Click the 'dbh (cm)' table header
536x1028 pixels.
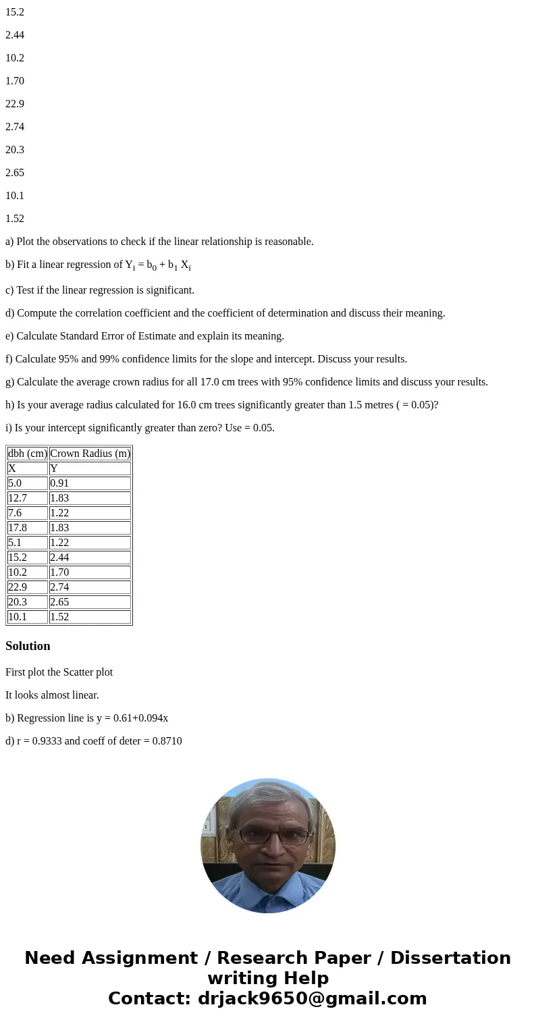click(x=28, y=454)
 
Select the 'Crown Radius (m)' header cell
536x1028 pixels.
click(x=90, y=454)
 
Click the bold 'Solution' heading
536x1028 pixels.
click(x=28, y=646)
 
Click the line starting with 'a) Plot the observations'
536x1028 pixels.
click(x=159, y=242)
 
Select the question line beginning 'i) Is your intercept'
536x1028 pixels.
click(x=140, y=428)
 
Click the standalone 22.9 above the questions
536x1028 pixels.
click(x=15, y=104)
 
